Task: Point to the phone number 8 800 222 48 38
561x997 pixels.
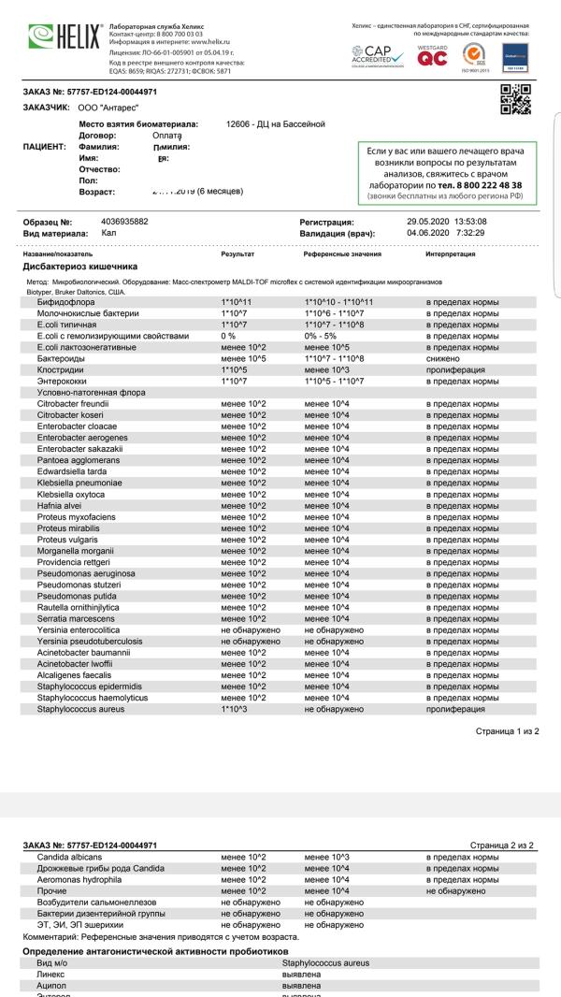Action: (489, 185)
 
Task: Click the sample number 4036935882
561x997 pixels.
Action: (124, 222)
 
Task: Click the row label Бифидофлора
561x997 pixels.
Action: (65, 302)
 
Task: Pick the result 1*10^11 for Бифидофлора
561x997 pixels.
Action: (237, 302)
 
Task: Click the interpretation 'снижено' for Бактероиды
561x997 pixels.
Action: (443, 358)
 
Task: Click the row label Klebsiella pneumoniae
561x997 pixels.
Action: (84, 482)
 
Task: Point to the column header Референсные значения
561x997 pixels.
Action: (342, 253)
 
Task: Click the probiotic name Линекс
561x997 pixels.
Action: (51, 974)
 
